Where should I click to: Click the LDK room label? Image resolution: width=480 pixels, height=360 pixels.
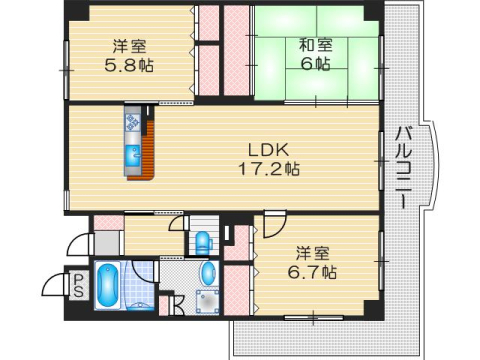click(x=268, y=150)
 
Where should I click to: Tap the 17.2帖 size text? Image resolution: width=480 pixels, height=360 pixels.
click(x=269, y=169)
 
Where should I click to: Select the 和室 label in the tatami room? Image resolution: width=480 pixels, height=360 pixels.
click(x=316, y=45)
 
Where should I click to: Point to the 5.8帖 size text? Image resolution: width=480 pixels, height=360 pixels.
click(x=129, y=65)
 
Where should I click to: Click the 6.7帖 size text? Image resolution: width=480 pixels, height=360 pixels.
click(x=312, y=272)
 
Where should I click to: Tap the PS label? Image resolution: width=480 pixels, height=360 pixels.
click(x=79, y=285)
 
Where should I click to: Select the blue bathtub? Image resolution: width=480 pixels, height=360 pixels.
click(x=107, y=286)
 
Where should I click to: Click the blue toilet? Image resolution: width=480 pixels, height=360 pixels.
click(x=203, y=243)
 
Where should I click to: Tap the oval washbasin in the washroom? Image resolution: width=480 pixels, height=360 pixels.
click(x=209, y=274)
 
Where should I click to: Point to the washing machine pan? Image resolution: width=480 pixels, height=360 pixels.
click(x=208, y=302)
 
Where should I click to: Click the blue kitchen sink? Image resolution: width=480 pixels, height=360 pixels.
click(x=133, y=156)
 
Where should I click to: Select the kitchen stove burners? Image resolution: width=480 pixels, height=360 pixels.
click(x=132, y=122)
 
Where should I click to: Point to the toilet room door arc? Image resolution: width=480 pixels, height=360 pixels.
click(x=176, y=222)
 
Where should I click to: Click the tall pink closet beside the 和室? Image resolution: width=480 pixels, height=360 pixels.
click(x=236, y=50)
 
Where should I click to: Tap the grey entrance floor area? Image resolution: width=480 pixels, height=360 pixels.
click(x=107, y=243)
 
